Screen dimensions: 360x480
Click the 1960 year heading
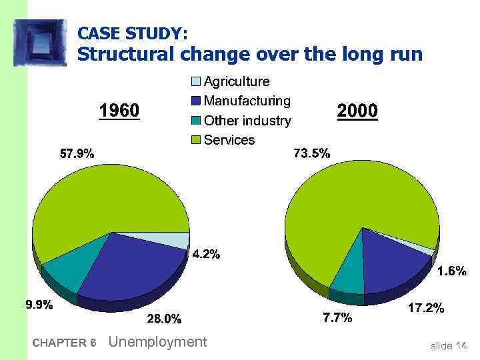(119, 110)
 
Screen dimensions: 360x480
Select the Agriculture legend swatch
(195, 82)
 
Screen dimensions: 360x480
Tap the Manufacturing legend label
(247, 101)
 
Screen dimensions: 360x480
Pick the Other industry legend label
(247, 121)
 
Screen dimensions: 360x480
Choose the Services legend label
(229, 140)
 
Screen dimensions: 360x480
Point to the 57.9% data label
(77, 154)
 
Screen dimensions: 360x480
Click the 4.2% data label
(206, 254)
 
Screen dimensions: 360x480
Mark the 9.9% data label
(39, 305)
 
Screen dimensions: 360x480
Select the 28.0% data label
(164, 319)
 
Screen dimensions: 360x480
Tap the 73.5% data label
(312, 154)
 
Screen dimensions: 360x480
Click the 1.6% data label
(451, 271)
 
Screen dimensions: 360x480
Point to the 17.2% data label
(425, 309)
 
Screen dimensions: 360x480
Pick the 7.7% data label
(337, 318)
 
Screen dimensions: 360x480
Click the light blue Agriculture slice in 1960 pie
(175, 239)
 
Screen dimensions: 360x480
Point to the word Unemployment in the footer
(157, 342)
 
